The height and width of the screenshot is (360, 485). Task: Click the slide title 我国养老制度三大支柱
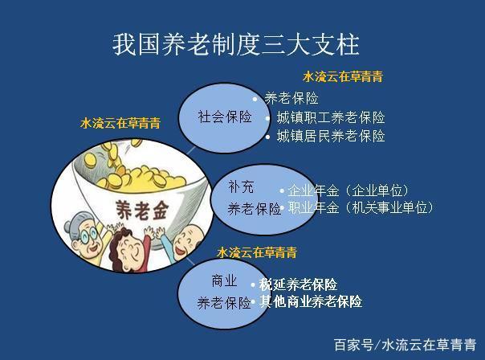[236, 45]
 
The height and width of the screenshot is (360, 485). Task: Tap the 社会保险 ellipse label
[225, 117]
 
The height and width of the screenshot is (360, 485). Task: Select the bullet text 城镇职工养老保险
[331, 117]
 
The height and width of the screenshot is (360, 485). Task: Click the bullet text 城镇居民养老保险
[331, 136]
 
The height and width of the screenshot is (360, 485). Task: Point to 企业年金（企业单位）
[348, 190]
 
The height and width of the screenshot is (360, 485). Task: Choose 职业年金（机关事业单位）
[361, 207]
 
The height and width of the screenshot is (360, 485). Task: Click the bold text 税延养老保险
[298, 284]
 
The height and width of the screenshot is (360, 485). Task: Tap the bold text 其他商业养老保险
[311, 301]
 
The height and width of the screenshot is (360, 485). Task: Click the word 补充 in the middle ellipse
[241, 187]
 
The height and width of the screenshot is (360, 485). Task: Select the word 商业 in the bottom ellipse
[224, 280]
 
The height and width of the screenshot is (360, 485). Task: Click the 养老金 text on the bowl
[142, 211]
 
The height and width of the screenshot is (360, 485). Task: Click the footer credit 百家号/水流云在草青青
[405, 346]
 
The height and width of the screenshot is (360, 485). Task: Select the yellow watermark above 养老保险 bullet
[343, 76]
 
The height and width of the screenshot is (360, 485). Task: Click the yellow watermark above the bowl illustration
[120, 123]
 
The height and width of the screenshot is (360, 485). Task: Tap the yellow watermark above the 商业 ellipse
[257, 252]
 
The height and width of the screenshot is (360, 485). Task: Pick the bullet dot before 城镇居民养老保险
[268, 137]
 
